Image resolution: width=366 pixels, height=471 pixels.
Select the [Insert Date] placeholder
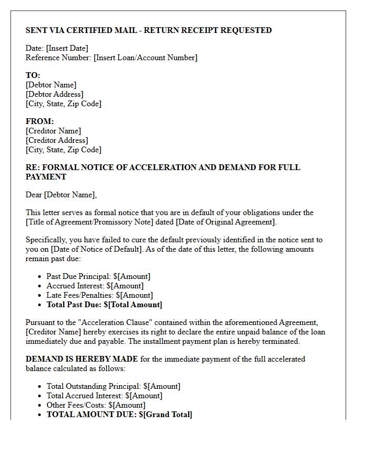pyautogui.click(x=67, y=48)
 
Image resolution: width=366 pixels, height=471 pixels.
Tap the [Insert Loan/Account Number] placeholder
pyautogui.click(x=145, y=58)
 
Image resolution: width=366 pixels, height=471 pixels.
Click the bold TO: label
pyautogui.click(x=33, y=75)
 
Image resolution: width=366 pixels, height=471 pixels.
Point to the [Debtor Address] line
pyautogui.click(x=54, y=94)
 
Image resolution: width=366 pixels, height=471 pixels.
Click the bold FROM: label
pyautogui.click(x=40, y=121)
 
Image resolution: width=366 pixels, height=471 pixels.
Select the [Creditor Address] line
pyautogui.click(x=56, y=140)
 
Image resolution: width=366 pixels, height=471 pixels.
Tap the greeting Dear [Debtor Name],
pyautogui.click(x=61, y=195)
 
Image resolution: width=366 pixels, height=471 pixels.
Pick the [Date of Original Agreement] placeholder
pyautogui.click(x=226, y=222)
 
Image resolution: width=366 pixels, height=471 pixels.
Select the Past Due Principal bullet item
pyautogui.click(x=98, y=276)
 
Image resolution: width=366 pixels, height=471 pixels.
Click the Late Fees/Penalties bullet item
pyautogui.click(x=99, y=295)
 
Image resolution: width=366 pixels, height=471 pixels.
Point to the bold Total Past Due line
pyautogui.click(x=104, y=305)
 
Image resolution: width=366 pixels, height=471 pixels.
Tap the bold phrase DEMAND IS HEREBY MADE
pyautogui.click(x=82, y=359)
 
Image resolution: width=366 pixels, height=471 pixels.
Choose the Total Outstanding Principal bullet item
pyautogui.click(x=113, y=386)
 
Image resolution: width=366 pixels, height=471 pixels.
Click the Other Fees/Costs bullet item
pyautogui.click(x=96, y=405)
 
